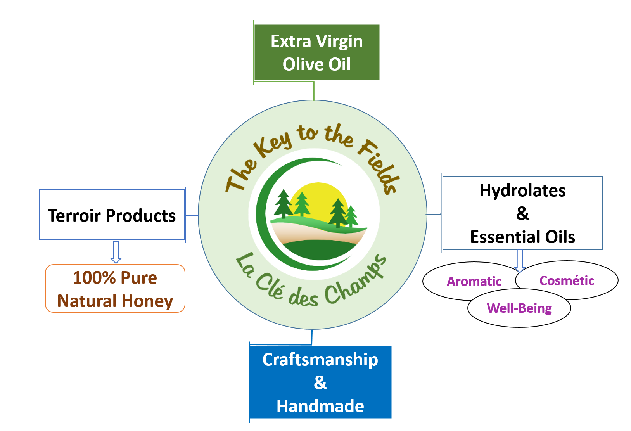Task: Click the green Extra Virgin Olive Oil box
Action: pyautogui.click(x=316, y=52)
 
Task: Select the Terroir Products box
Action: pyautogui.click(x=112, y=215)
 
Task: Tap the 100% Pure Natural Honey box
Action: pyautogui.click(x=115, y=289)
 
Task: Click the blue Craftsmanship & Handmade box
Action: pyautogui.click(x=320, y=382)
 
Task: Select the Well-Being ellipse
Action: pyautogui.click(x=519, y=308)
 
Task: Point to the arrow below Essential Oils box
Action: pyautogui.click(x=520, y=260)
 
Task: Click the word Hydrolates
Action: pyautogui.click(x=522, y=190)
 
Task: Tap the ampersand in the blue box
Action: pyautogui.click(x=320, y=383)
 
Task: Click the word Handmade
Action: pyautogui.click(x=320, y=406)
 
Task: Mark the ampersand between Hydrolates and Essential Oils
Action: pyautogui.click(x=522, y=213)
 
